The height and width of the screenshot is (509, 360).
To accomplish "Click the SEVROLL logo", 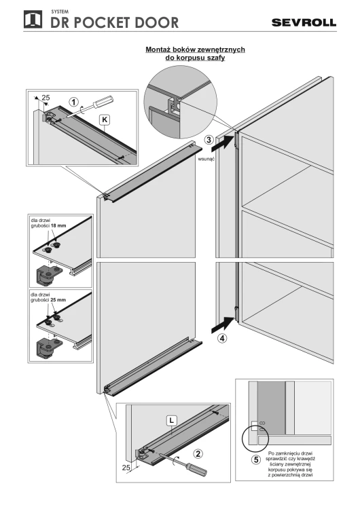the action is click(x=304, y=22).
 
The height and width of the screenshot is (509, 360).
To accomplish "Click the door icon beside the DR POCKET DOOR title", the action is click(x=33, y=20).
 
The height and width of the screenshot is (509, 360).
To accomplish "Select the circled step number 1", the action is click(x=74, y=102).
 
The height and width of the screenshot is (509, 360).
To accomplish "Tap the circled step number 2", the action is click(x=198, y=453).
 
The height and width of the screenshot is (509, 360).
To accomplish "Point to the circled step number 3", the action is click(x=209, y=140).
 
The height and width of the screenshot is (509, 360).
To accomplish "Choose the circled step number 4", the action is click(x=222, y=338).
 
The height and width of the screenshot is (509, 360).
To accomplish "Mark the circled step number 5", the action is click(x=256, y=459).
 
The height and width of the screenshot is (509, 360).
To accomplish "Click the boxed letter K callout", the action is click(x=105, y=119).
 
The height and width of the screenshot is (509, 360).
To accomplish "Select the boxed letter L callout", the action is click(x=172, y=421).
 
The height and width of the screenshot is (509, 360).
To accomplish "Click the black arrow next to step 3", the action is click(x=223, y=144).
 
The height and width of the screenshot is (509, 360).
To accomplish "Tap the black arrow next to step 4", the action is click(x=223, y=325).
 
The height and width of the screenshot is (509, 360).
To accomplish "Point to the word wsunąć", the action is click(x=206, y=159).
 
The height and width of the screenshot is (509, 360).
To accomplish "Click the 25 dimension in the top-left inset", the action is click(x=46, y=98).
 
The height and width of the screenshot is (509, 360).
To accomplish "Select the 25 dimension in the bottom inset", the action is click(x=126, y=468).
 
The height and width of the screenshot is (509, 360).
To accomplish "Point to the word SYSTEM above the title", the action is click(x=60, y=12).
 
